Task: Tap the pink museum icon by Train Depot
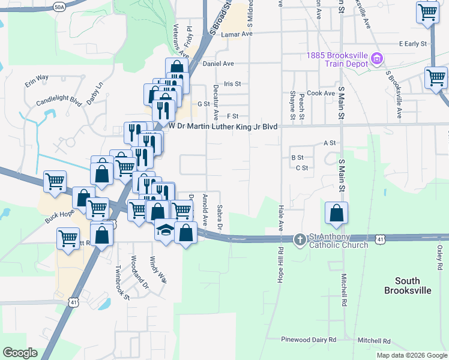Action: point(377,59)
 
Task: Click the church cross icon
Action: point(300,240)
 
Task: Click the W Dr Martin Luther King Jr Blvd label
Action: point(223,126)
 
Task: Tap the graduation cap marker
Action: point(165,230)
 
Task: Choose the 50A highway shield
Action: point(58,7)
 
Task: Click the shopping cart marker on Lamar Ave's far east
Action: point(427,11)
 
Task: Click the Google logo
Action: point(20,353)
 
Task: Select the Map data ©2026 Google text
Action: point(412,355)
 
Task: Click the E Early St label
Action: point(412,44)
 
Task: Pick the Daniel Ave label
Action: point(218,63)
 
